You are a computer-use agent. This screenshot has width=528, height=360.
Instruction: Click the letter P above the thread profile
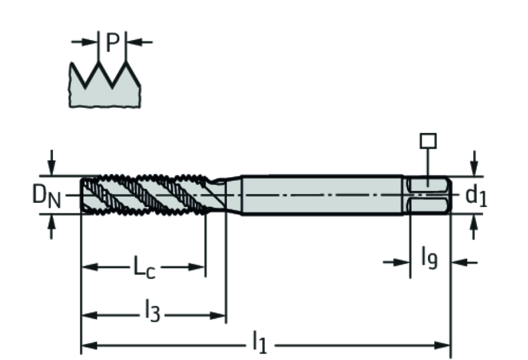[x=112, y=43]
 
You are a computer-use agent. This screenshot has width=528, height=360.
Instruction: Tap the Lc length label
[x=144, y=267]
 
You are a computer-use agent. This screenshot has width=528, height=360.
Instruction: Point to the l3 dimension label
[x=152, y=314]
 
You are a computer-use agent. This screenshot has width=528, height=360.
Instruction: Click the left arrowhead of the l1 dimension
[x=87, y=344]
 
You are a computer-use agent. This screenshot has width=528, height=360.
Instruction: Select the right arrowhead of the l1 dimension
[x=445, y=344]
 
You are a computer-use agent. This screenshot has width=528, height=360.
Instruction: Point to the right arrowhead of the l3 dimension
[x=220, y=316]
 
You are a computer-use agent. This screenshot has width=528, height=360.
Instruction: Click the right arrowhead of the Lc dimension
[x=200, y=267]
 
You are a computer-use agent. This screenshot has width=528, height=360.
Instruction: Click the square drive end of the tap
[x=429, y=195]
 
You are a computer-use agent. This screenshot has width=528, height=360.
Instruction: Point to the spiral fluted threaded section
[x=145, y=195]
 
